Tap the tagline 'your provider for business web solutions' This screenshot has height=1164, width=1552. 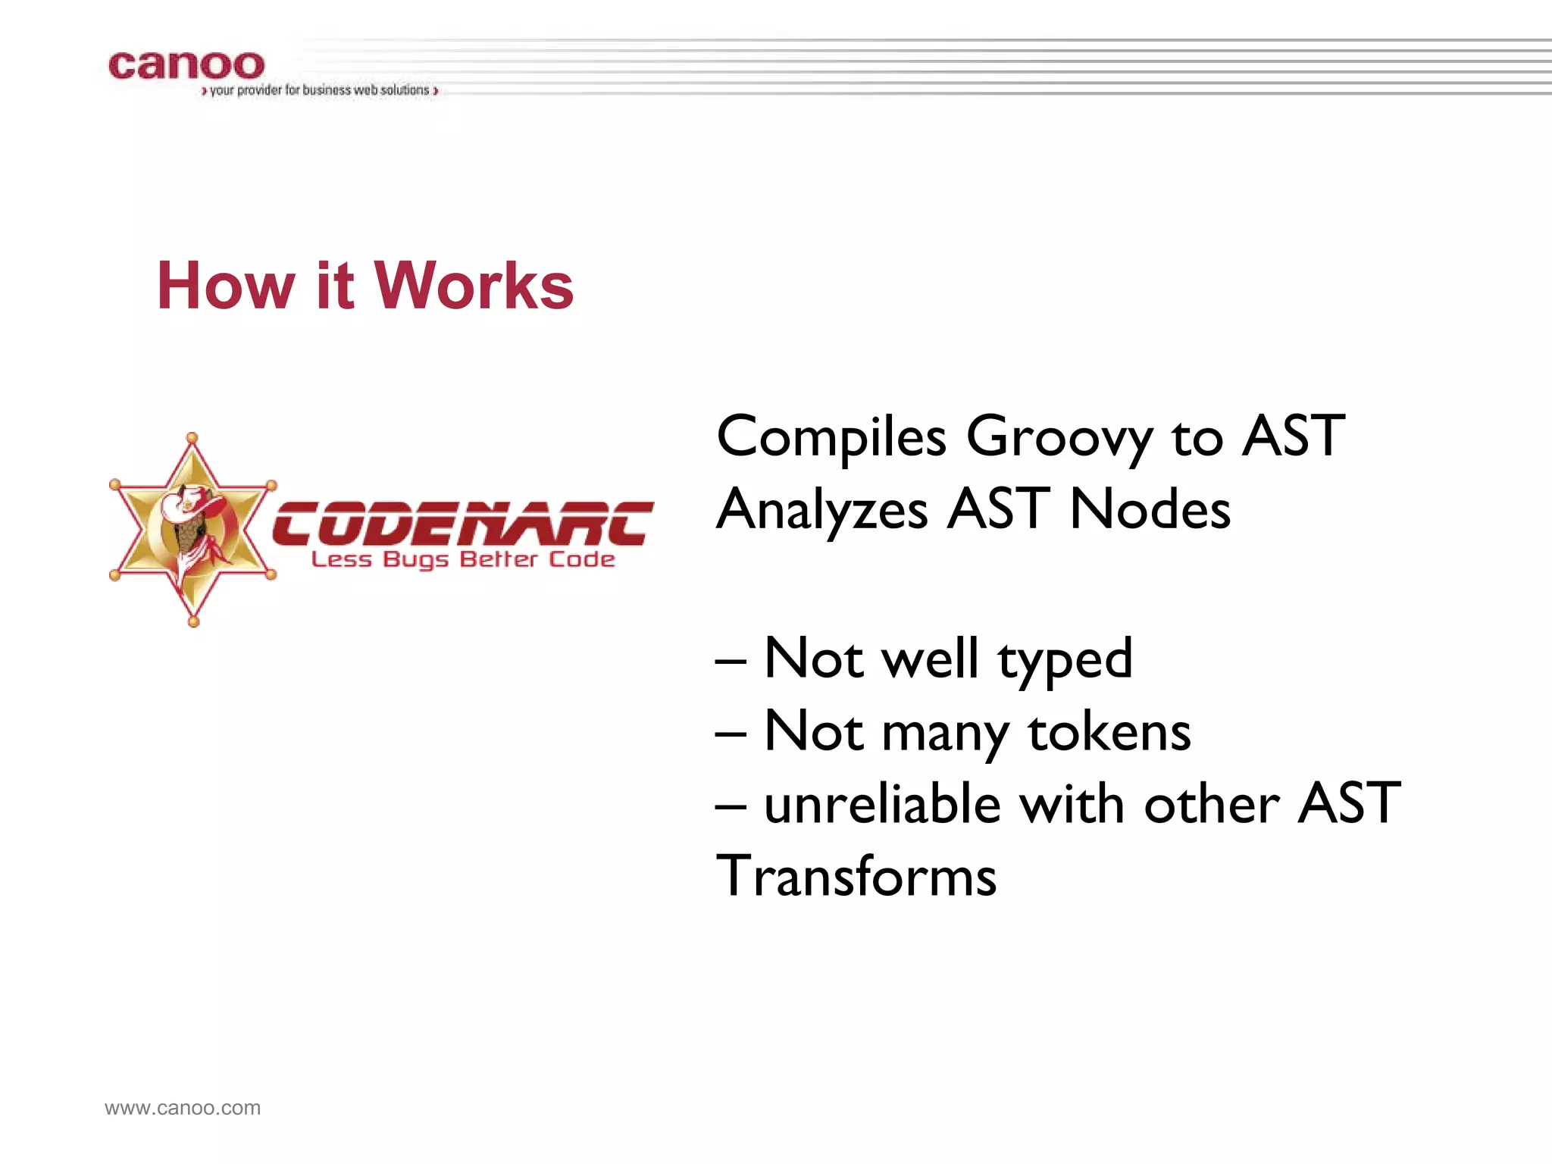click(320, 90)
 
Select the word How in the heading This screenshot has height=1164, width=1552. click(225, 286)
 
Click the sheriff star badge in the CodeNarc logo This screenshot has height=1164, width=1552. click(192, 530)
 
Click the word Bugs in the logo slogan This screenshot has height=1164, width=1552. click(416, 561)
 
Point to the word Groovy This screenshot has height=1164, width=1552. click(1059, 438)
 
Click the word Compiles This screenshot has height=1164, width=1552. click(831, 438)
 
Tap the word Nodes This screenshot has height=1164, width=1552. click(1150, 509)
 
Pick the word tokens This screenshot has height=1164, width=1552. click(1109, 732)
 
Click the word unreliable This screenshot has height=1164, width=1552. click(882, 803)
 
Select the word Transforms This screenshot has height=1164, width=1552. click(856, 876)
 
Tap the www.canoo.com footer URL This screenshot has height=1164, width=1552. click(183, 1108)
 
